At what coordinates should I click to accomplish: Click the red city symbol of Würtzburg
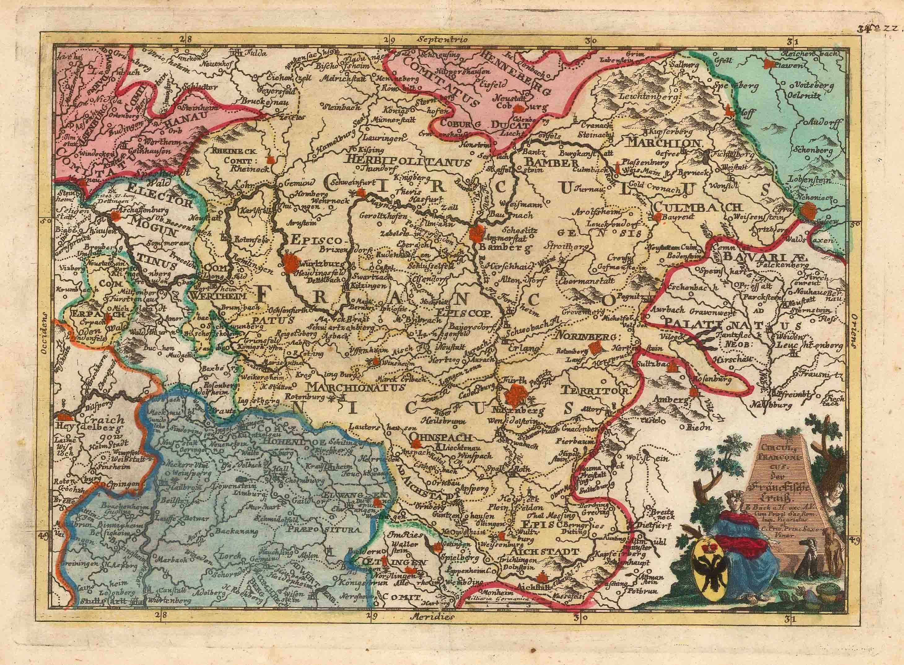291,264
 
